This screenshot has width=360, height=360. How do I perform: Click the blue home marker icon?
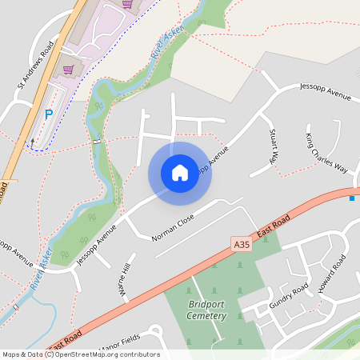[180, 173]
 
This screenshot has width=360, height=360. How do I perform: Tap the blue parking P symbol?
[48, 114]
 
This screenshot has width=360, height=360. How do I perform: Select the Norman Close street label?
[173, 227]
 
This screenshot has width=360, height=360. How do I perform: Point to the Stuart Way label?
[274, 145]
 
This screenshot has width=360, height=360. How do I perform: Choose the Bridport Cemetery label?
[208, 310]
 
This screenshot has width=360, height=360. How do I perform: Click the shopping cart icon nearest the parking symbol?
[68, 69]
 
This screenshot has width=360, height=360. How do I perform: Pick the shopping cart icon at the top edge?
[126, 4]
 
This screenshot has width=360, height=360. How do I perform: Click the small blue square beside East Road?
[351, 198]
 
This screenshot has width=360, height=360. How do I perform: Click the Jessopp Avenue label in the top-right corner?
[326, 91]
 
